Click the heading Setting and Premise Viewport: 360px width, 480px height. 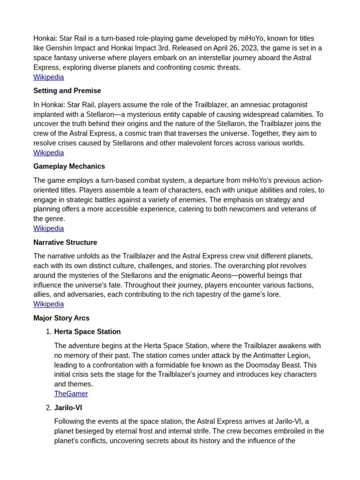point(67,91)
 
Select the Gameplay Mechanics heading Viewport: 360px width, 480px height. point(69,166)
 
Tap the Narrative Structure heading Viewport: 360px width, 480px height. point(65,242)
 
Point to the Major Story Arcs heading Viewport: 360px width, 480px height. point(61,318)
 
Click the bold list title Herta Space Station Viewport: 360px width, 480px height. point(87,332)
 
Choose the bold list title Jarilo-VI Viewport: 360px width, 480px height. point(68,408)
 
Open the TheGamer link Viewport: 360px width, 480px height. point(71,394)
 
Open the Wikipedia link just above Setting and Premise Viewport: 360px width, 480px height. point(48,77)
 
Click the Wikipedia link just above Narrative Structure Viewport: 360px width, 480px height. point(48,229)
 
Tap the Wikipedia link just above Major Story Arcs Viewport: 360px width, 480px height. point(48,304)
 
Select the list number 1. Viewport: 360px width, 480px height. point(48,332)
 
